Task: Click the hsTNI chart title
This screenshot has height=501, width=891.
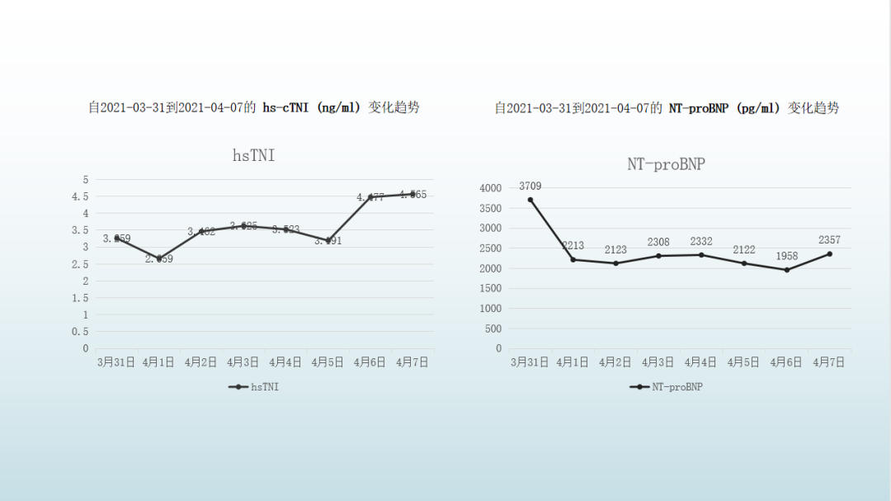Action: click(253, 154)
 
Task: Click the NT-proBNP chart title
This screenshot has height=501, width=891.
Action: click(666, 164)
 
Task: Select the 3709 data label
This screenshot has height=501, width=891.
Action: click(530, 187)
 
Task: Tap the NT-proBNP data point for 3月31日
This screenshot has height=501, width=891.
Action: click(530, 200)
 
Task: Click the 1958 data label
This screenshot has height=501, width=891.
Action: click(786, 257)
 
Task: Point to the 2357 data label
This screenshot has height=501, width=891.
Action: click(830, 240)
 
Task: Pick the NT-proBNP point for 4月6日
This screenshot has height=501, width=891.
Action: click(786, 270)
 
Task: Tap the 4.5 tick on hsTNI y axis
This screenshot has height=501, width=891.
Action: click(81, 196)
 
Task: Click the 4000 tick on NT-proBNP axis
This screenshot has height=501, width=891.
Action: click(490, 188)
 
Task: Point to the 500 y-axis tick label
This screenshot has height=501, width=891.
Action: click(493, 328)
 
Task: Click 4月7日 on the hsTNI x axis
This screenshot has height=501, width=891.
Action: click(412, 362)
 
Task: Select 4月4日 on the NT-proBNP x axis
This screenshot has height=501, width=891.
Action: click(701, 362)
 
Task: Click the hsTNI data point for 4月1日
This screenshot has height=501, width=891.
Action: click(159, 258)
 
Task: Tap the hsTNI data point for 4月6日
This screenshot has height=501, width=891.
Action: click(370, 197)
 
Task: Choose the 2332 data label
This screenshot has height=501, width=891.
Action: click(701, 241)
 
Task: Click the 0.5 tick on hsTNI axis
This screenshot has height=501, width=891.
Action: click(81, 332)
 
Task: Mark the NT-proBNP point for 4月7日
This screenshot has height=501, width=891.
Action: click(829, 253)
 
